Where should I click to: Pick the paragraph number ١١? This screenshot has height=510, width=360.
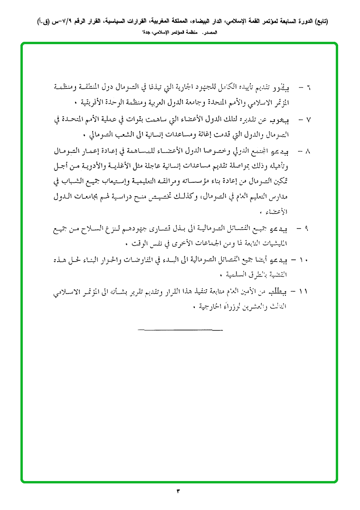click(x=305, y=291)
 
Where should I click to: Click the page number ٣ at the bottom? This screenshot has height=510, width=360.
click(x=179, y=491)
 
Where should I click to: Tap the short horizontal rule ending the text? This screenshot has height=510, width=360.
click(x=180, y=330)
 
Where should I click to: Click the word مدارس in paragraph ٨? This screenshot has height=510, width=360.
click(x=297, y=197)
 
